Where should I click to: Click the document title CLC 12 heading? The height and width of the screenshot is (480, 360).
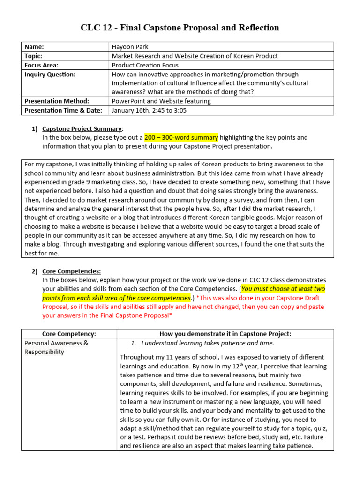180,28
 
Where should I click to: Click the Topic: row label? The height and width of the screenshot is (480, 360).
34,56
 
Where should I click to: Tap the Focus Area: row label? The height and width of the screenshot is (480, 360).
41,65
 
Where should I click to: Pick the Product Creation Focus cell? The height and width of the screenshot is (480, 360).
145,65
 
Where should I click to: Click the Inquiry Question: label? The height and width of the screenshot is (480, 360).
49,75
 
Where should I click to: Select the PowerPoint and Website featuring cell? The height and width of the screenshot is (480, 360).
161,101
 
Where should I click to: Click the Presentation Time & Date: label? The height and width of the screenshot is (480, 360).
65,111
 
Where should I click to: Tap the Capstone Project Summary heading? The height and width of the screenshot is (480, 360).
82,128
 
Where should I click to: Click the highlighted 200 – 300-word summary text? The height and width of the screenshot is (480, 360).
181,137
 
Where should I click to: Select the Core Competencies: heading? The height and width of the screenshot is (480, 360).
71,271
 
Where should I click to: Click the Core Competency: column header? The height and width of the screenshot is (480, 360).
69,334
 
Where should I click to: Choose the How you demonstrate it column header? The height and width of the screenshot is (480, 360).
225,334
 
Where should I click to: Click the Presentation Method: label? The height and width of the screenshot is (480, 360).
57,101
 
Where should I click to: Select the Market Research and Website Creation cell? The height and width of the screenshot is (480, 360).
195,56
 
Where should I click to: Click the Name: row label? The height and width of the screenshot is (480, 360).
34,46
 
